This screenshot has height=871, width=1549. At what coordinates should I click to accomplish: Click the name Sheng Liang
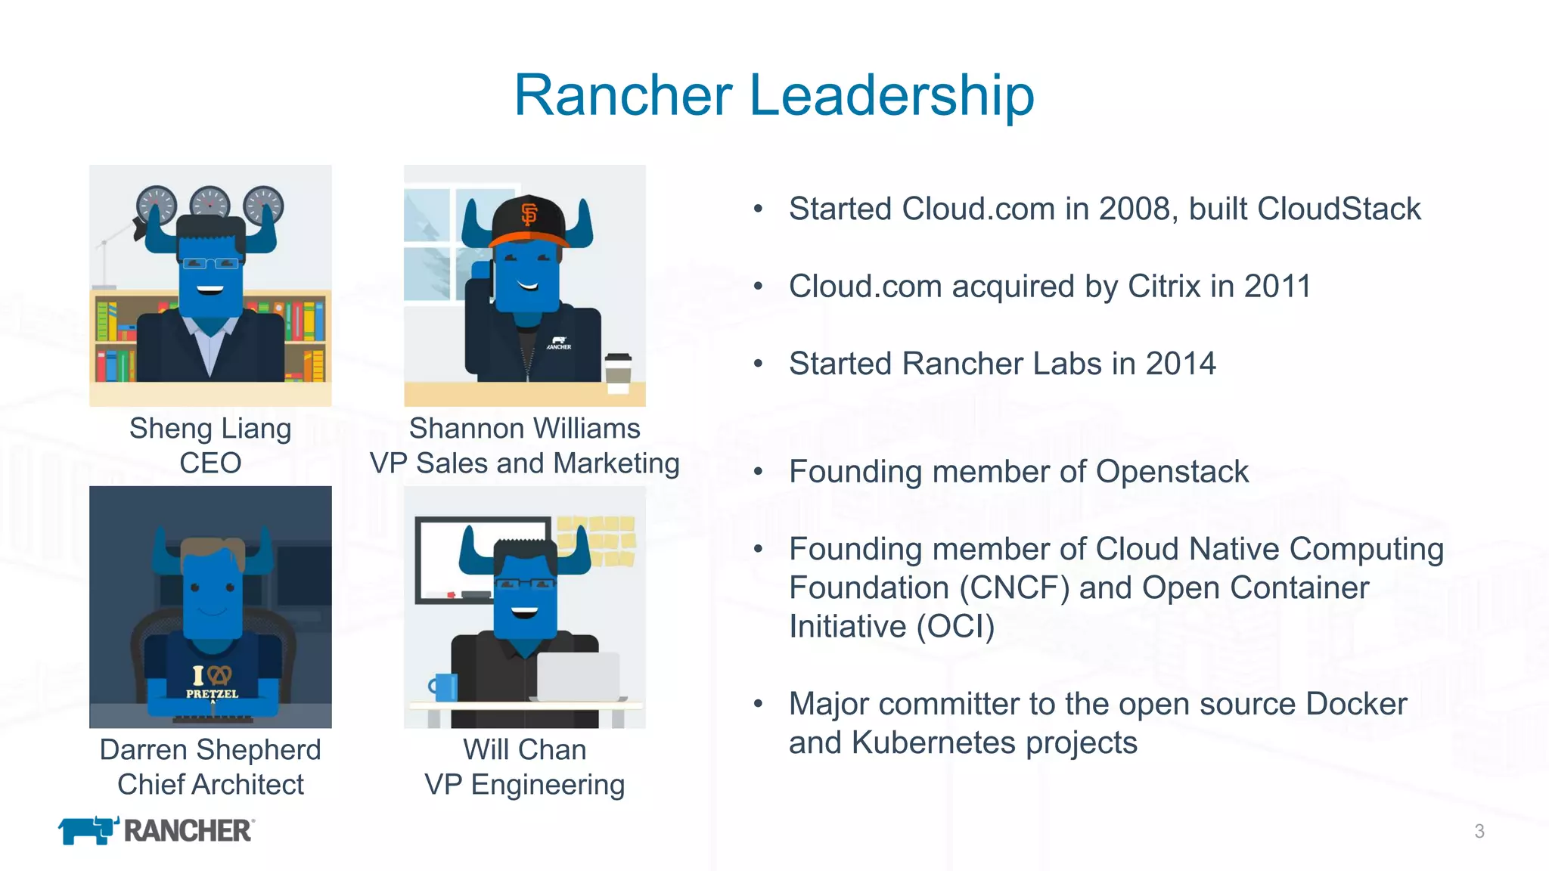[210, 429]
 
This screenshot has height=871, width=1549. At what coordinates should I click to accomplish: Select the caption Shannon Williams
[524, 429]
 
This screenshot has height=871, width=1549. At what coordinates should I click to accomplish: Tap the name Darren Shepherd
[210, 750]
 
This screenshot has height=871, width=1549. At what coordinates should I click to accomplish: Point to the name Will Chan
[524, 750]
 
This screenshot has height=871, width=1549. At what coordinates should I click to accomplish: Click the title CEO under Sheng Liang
[210, 463]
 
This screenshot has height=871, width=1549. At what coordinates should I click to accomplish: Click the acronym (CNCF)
[1014, 588]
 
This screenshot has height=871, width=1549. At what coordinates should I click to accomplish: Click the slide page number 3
[1479, 832]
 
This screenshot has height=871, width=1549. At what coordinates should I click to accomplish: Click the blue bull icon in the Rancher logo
[88, 830]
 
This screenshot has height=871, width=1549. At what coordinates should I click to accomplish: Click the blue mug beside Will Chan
[445, 687]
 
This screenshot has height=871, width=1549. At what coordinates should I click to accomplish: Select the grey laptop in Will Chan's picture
[579, 677]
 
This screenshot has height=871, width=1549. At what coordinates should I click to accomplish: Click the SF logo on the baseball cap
[529, 215]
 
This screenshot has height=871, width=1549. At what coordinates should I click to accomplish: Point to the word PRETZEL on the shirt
[212, 694]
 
